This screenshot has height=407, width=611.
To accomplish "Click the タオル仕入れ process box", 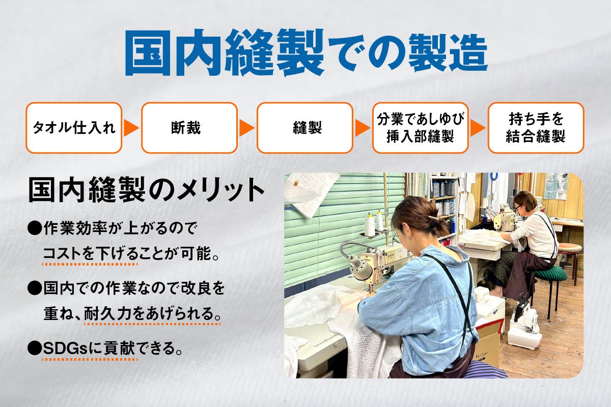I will [74, 128].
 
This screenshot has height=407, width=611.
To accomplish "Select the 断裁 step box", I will [189, 128].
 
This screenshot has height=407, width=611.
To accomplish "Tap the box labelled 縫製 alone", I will [304, 128].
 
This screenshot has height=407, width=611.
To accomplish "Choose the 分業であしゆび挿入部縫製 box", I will [420, 128].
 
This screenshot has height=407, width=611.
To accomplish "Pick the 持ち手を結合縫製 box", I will [536, 128].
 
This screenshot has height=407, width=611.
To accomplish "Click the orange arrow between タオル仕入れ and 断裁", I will [131, 128].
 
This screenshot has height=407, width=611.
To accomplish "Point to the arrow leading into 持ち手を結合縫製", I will [478, 128].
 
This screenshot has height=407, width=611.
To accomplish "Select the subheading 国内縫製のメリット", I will [146, 190].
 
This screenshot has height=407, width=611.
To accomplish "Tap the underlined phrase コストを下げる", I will [90, 253].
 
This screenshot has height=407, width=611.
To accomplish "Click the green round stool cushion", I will [550, 275].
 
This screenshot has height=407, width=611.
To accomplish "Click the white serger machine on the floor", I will [524, 331].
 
